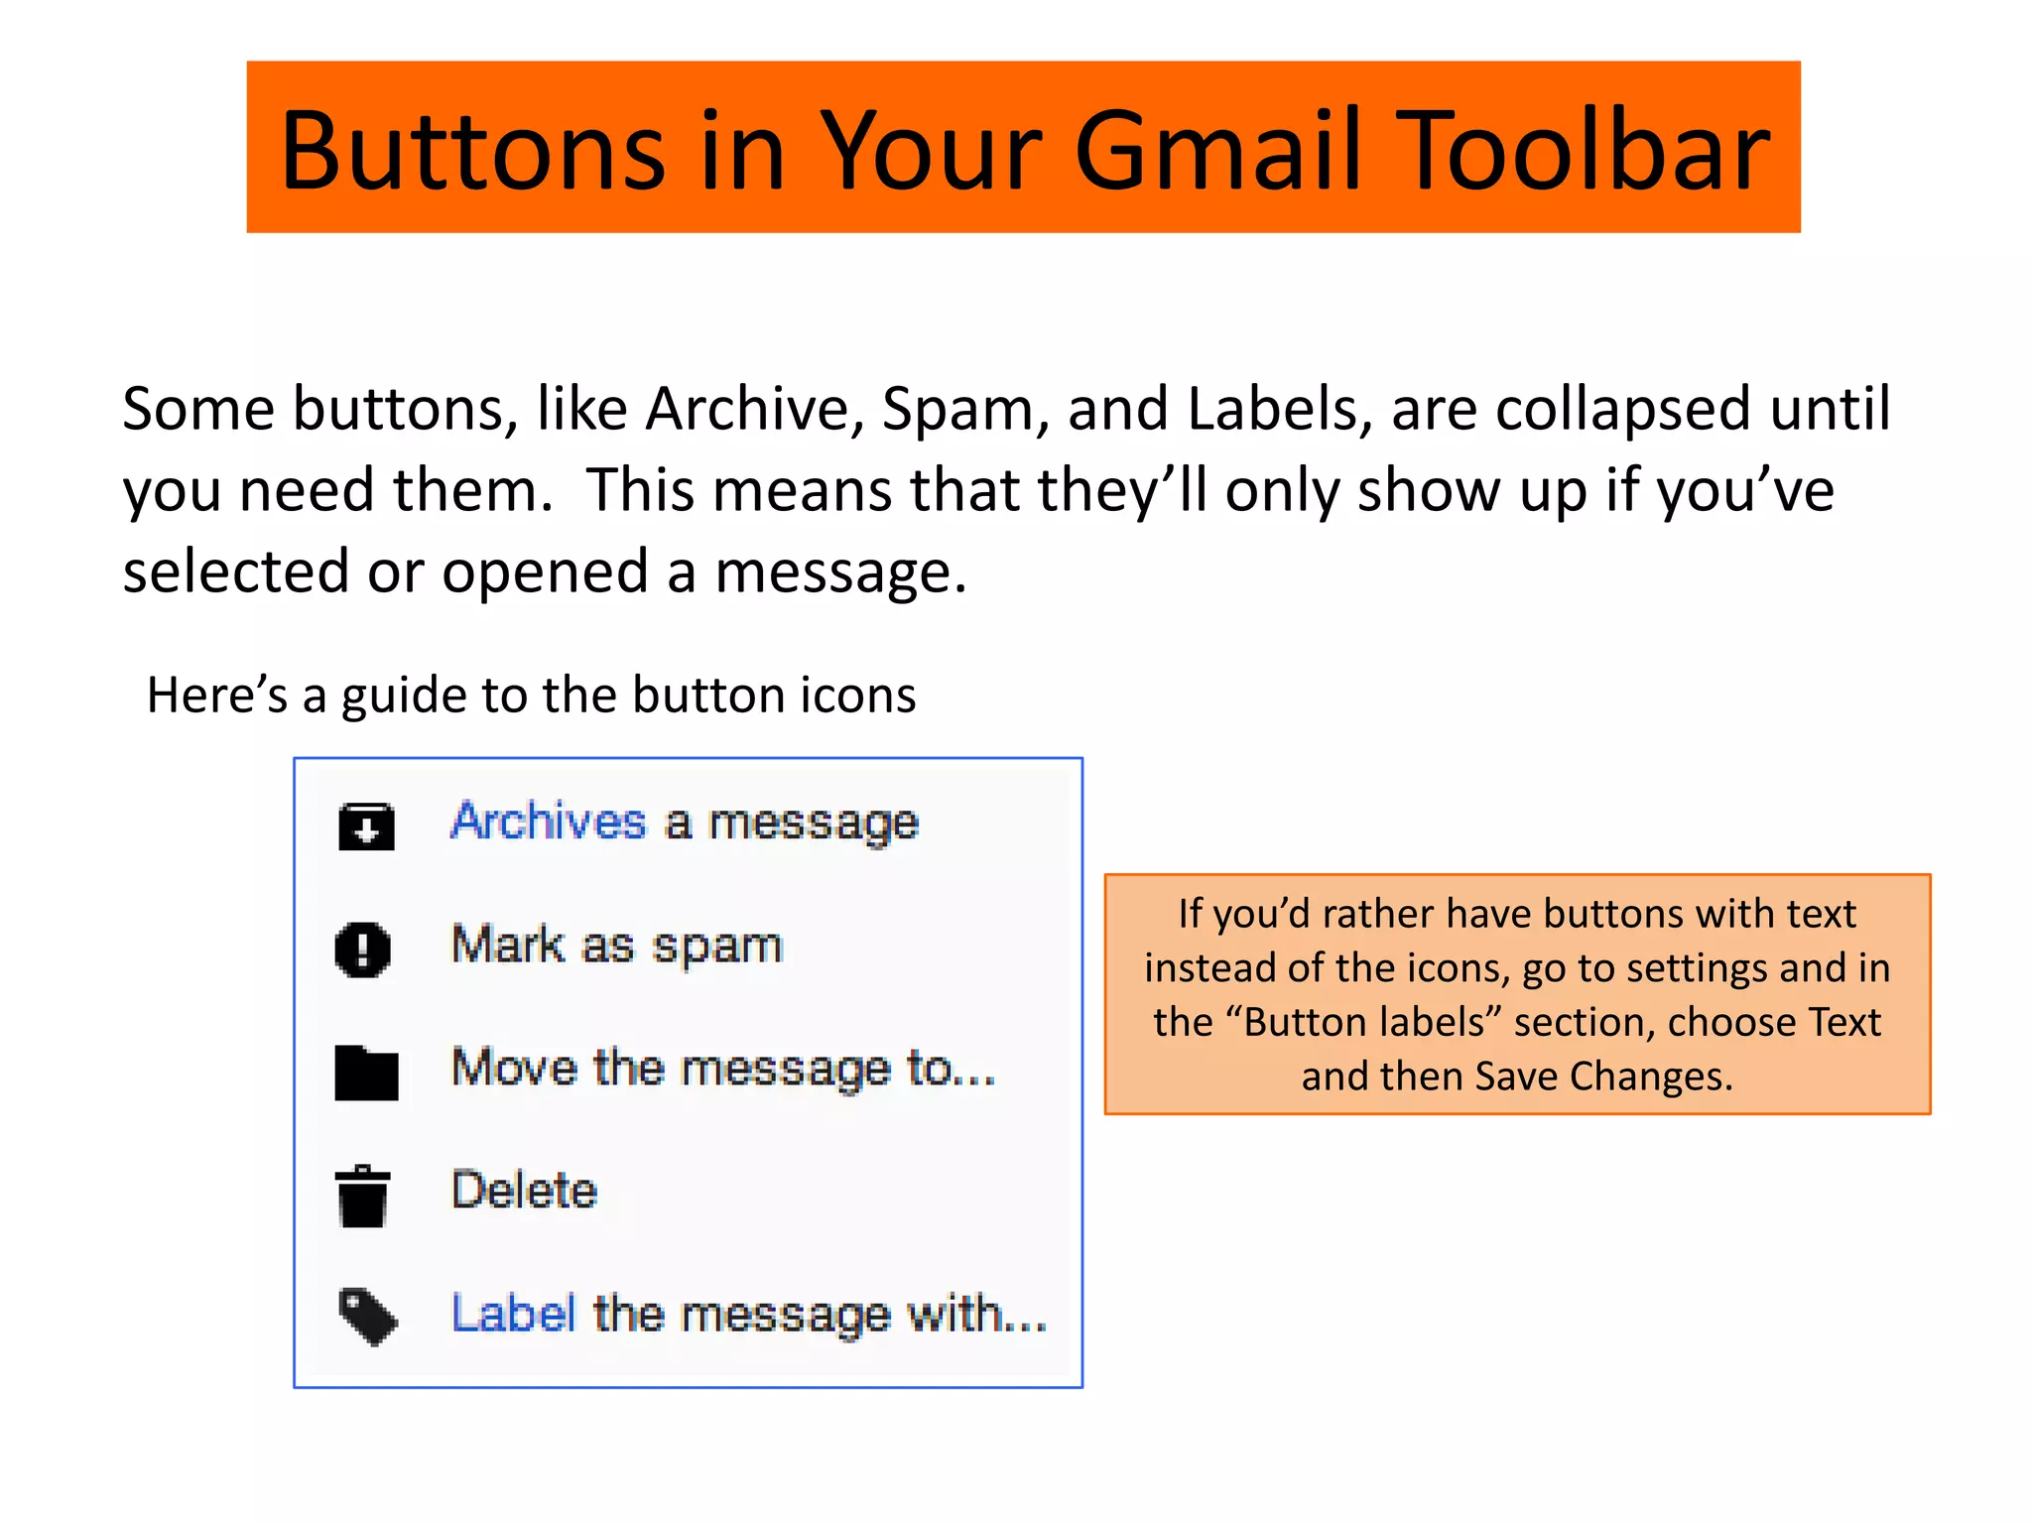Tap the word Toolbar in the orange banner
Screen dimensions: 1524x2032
[x=1586, y=151]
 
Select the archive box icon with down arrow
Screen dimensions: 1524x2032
[x=366, y=825]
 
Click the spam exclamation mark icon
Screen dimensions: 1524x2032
[x=363, y=950]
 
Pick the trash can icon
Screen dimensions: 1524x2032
[x=362, y=1196]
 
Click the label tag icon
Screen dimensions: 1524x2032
[x=367, y=1317]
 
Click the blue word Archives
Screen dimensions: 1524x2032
[x=548, y=822]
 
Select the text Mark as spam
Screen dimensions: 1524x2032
[x=617, y=945]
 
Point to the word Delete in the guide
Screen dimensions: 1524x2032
[x=524, y=1190]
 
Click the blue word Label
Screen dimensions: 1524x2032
[x=513, y=1314]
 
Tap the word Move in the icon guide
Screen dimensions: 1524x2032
[x=514, y=1068]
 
